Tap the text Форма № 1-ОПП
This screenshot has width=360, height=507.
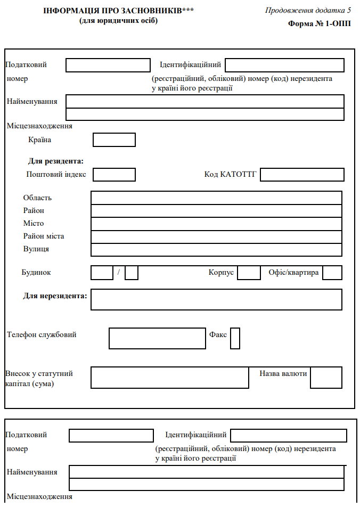click(x=320, y=23)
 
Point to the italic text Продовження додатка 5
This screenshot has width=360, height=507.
click(x=308, y=11)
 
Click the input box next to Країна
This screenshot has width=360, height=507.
click(x=114, y=140)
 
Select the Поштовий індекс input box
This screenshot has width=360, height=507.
click(x=114, y=175)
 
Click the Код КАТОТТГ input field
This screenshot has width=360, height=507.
click(x=302, y=175)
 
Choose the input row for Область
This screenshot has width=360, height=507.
click(x=216, y=198)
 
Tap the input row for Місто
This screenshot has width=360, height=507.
click(x=216, y=224)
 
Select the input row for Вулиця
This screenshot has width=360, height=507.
click(x=216, y=250)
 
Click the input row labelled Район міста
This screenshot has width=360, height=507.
click(x=216, y=236)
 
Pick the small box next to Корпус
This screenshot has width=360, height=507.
click(x=249, y=273)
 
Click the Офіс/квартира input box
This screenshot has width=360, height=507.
click(x=332, y=273)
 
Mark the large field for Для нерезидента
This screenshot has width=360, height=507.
click(x=216, y=299)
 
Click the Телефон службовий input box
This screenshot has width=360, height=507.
click(x=157, y=338)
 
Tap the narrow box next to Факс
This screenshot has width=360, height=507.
click(x=235, y=338)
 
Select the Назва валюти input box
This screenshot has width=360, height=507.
click(x=326, y=378)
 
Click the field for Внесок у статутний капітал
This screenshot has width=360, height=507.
click(x=169, y=378)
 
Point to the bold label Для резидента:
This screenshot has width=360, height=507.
click(x=56, y=161)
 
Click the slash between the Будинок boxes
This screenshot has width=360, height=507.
click(x=119, y=273)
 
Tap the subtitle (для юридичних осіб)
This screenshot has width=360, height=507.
click(x=118, y=21)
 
